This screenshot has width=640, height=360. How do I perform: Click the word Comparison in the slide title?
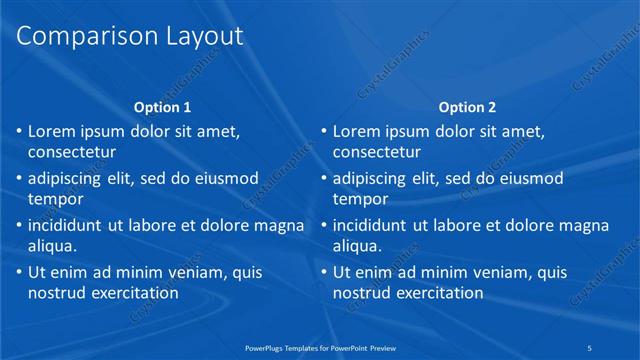tap(77, 37)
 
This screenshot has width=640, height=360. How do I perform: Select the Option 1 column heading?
tap(162, 107)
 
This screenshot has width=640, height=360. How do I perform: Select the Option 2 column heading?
tap(466, 107)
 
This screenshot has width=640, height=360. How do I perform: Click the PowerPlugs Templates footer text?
tap(320, 347)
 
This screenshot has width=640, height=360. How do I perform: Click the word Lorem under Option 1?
tap(52, 131)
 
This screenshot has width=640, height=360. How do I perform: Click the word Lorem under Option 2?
tap(357, 131)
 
